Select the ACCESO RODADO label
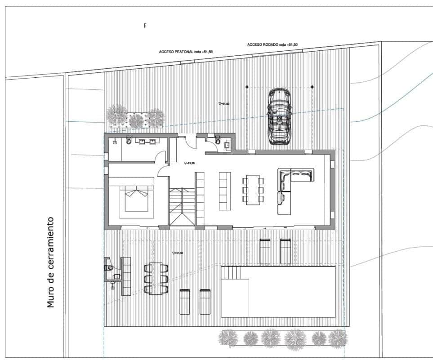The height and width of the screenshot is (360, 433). [x=272, y=45]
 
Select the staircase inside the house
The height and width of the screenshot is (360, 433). [x=182, y=207]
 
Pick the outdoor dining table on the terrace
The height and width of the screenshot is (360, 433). [x=156, y=278]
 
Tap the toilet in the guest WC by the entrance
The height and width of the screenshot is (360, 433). [x=218, y=142]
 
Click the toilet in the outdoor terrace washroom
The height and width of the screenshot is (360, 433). [x=109, y=268]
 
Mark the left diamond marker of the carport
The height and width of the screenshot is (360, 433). [x=247, y=86]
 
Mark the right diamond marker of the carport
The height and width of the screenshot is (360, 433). [x=312, y=86]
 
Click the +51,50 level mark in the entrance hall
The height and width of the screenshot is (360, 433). [x=189, y=163]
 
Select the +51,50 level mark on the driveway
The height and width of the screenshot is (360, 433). [x=223, y=103]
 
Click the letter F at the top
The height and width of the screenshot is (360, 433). [x=145, y=26]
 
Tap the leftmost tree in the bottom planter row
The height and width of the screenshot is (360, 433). [x=229, y=338]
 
